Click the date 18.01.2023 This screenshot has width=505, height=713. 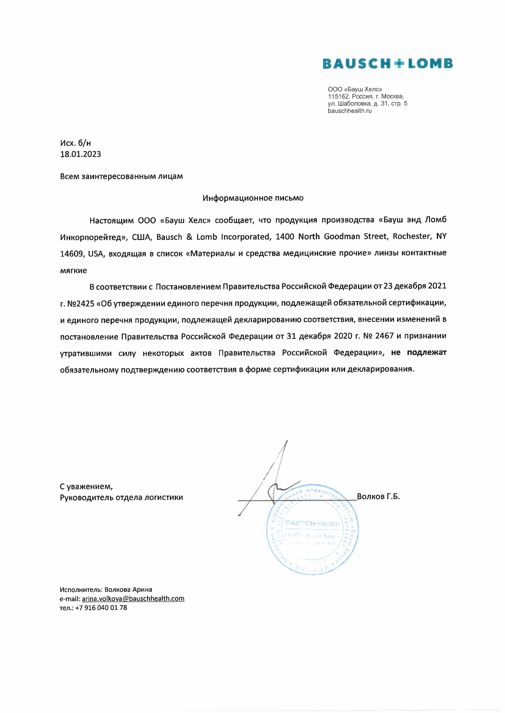tap(81, 154)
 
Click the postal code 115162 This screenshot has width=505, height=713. tap(338, 97)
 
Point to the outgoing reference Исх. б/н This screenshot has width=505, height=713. tap(76, 143)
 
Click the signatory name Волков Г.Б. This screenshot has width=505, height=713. tap(378, 496)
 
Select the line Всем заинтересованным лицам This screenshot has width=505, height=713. tap(121, 176)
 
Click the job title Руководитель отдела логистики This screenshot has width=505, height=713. tap(121, 497)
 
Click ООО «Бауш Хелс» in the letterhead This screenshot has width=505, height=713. tap(355, 89)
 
